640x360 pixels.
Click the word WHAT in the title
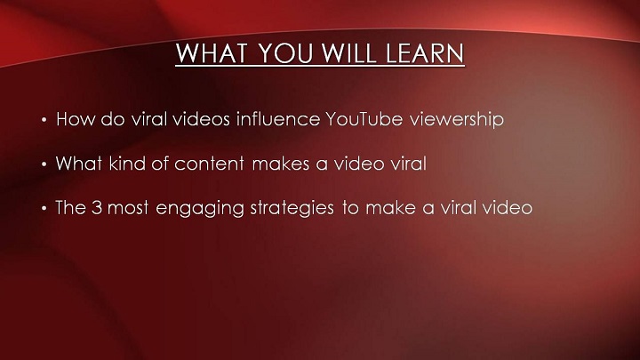211,52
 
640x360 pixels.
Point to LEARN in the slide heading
425,52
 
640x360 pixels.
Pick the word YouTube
364,119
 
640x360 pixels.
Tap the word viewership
457,120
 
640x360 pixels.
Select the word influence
278,119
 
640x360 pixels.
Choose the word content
210,164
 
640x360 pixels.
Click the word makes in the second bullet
281,164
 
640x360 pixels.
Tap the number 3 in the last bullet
96,207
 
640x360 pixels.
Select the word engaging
200,209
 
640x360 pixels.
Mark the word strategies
292,209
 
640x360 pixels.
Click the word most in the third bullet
128,208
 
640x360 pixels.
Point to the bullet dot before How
44,120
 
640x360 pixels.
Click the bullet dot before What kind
44,164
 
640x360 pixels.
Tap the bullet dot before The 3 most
44,209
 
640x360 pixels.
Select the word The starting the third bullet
70,207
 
